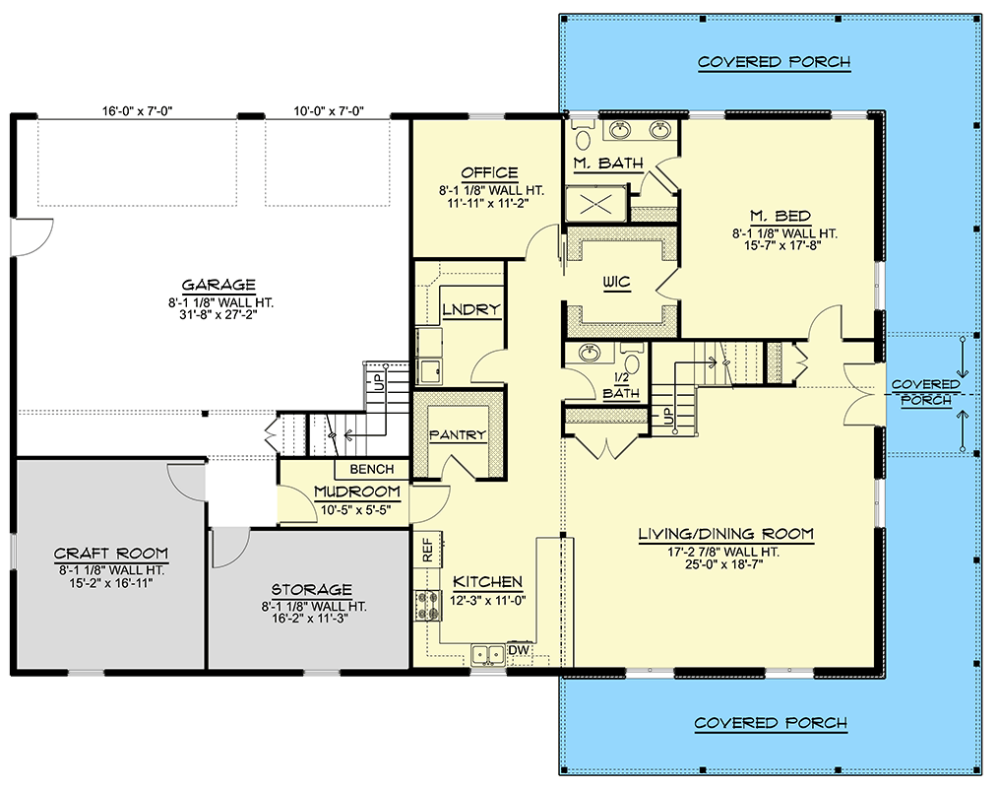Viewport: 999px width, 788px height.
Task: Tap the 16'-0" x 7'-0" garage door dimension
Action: coord(136,111)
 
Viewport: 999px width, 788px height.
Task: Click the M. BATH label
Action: coord(607,163)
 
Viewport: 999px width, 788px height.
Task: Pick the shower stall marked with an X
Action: coord(595,205)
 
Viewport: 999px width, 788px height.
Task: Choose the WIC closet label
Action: coord(617,283)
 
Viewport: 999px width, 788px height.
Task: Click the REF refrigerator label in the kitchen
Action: coord(428,551)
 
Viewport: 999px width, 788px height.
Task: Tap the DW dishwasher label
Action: coord(519,649)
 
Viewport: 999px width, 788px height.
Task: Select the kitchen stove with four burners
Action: coord(429,605)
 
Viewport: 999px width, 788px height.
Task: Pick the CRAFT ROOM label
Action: coord(110,554)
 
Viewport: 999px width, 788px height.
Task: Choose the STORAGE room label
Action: coord(314,589)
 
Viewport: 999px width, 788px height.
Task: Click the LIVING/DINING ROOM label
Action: coord(725,535)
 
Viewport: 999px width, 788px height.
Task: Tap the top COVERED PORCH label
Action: coord(774,63)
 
